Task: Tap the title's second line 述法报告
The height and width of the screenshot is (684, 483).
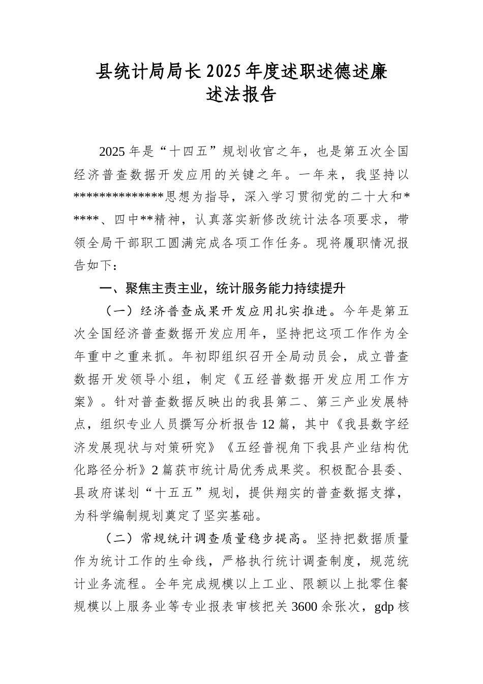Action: [x=242, y=95]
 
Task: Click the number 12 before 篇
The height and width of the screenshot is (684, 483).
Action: [x=268, y=424]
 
